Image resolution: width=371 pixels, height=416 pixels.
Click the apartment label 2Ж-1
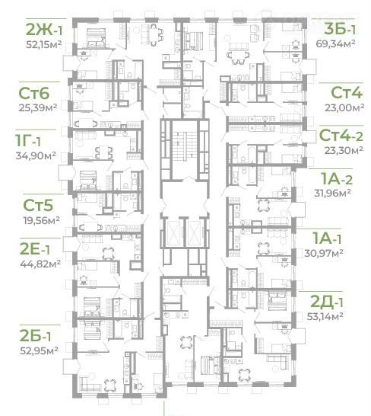coord(44,30)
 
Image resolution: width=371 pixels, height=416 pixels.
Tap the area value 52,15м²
coord(44,44)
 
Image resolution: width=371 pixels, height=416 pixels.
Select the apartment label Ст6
coord(34,93)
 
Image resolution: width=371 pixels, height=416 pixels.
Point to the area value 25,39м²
coord(38,107)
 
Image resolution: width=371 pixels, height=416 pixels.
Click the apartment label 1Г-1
coord(28,140)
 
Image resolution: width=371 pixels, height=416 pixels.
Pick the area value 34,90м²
coord(36,155)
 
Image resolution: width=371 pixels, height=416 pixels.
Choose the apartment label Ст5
coord(38,205)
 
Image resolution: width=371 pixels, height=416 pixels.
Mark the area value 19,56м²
coord(41,220)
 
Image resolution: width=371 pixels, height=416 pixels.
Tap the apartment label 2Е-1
coord(35,249)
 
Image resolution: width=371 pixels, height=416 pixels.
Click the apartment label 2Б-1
coord(35,335)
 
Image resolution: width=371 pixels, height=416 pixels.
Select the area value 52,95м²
coord(40,350)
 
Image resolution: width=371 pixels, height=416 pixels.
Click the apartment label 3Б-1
coord(340,29)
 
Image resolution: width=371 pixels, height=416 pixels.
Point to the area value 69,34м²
coord(335,43)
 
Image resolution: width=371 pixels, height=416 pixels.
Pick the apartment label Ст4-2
coord(341,136)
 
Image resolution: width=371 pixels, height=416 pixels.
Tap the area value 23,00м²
coord(344,107)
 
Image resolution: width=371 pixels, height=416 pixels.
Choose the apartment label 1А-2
coord(337,178)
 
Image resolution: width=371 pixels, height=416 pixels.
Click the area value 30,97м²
coord(324,253)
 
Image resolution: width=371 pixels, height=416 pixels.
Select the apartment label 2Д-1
coord(326,302)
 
